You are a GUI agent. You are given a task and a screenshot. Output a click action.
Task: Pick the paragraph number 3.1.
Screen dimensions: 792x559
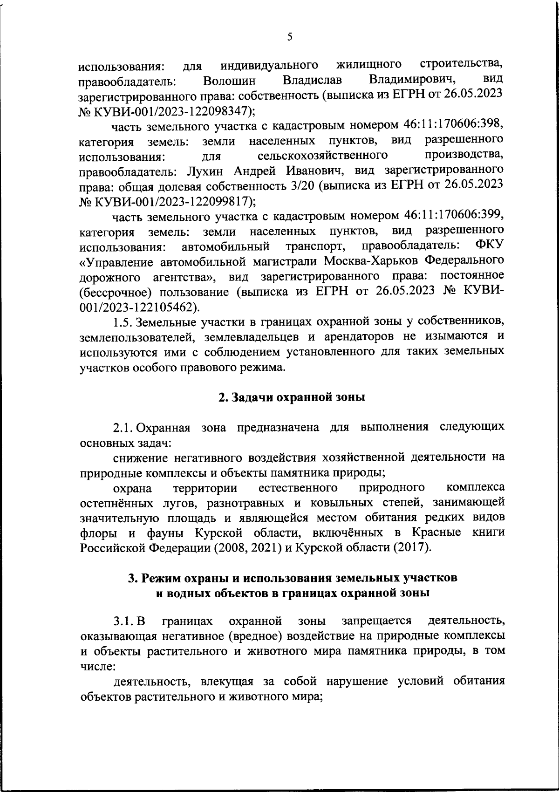point(129,621)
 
